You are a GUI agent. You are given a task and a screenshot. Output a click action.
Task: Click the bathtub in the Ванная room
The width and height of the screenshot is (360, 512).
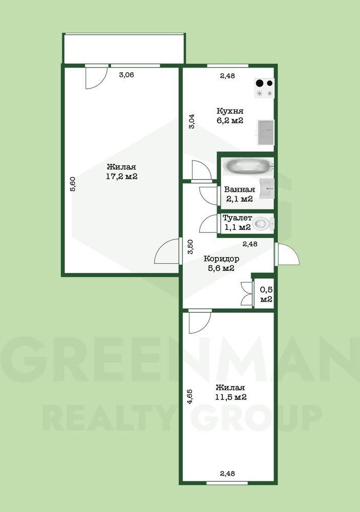(x=248, y=166)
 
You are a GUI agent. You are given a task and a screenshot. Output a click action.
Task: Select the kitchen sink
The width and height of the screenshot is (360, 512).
(x=266, y=132)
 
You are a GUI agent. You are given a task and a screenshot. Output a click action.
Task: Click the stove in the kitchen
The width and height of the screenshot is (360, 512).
(x=264, y=88)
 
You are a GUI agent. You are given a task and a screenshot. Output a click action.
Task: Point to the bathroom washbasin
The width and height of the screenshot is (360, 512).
(x=267, y=188)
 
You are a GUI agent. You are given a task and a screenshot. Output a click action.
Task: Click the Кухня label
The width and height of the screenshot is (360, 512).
(x=230, y=111)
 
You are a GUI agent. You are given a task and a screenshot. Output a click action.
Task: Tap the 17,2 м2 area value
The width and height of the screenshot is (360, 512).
(x=121, y=177)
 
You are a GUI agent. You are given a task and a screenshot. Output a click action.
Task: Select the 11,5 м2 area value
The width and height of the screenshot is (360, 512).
(x=230, y=397)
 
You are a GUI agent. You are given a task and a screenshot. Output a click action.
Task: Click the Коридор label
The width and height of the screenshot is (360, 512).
(x=221, y=259)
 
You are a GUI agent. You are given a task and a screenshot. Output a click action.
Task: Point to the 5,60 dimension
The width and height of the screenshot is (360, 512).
(x=73, y=183)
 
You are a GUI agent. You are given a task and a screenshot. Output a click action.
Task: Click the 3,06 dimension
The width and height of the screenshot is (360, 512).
(x=126, y=75)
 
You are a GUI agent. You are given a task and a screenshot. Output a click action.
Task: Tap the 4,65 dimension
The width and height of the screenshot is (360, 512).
(x=189, y=397)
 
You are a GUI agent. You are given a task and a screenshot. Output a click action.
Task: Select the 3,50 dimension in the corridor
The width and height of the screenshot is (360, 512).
(x=191, y=247)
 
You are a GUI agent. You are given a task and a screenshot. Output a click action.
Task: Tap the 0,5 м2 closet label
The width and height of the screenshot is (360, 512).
(x=266, y=294)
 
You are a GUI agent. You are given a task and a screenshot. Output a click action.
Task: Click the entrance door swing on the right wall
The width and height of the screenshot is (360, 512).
(x=287, y=254)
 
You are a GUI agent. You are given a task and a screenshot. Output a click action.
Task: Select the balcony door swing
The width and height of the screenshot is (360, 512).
(x=96, y=77)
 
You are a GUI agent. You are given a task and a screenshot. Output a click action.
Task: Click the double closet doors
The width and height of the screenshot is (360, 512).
(x=246, y=293)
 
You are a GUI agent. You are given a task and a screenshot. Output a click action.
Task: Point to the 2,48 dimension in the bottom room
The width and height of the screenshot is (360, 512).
(x=227, y=473)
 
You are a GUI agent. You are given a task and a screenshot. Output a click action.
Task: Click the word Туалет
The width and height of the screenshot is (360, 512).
(x=237, y=218)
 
